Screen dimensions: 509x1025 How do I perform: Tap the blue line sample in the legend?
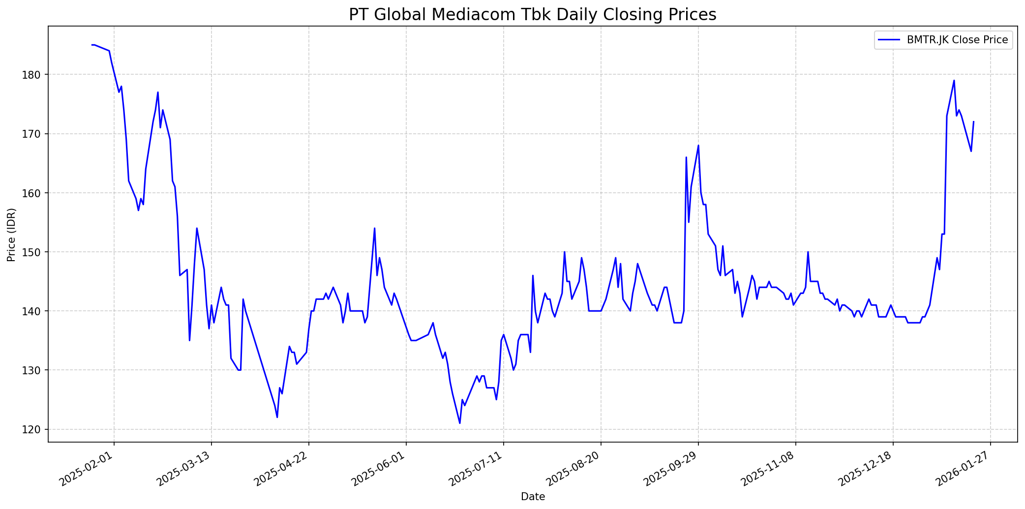coord(889,40)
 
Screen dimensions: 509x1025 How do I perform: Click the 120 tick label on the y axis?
coord(36,430)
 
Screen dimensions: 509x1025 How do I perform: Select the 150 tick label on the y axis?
coord(36,252)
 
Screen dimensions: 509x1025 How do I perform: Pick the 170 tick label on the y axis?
coord(36,134)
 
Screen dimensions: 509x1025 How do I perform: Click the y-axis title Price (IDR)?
coord(11,235)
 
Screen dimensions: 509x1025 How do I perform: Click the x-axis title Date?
coord(533,497)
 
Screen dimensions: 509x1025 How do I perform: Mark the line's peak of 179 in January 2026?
coord(954,81)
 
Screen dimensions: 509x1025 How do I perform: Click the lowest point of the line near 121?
coord(460,423)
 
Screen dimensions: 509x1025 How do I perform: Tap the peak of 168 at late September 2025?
coord(698,146)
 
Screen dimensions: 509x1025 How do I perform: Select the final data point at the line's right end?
coord(973,121)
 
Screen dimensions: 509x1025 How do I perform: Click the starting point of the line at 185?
coord(92,45)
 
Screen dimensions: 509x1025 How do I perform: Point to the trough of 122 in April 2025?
coord(277,418)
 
